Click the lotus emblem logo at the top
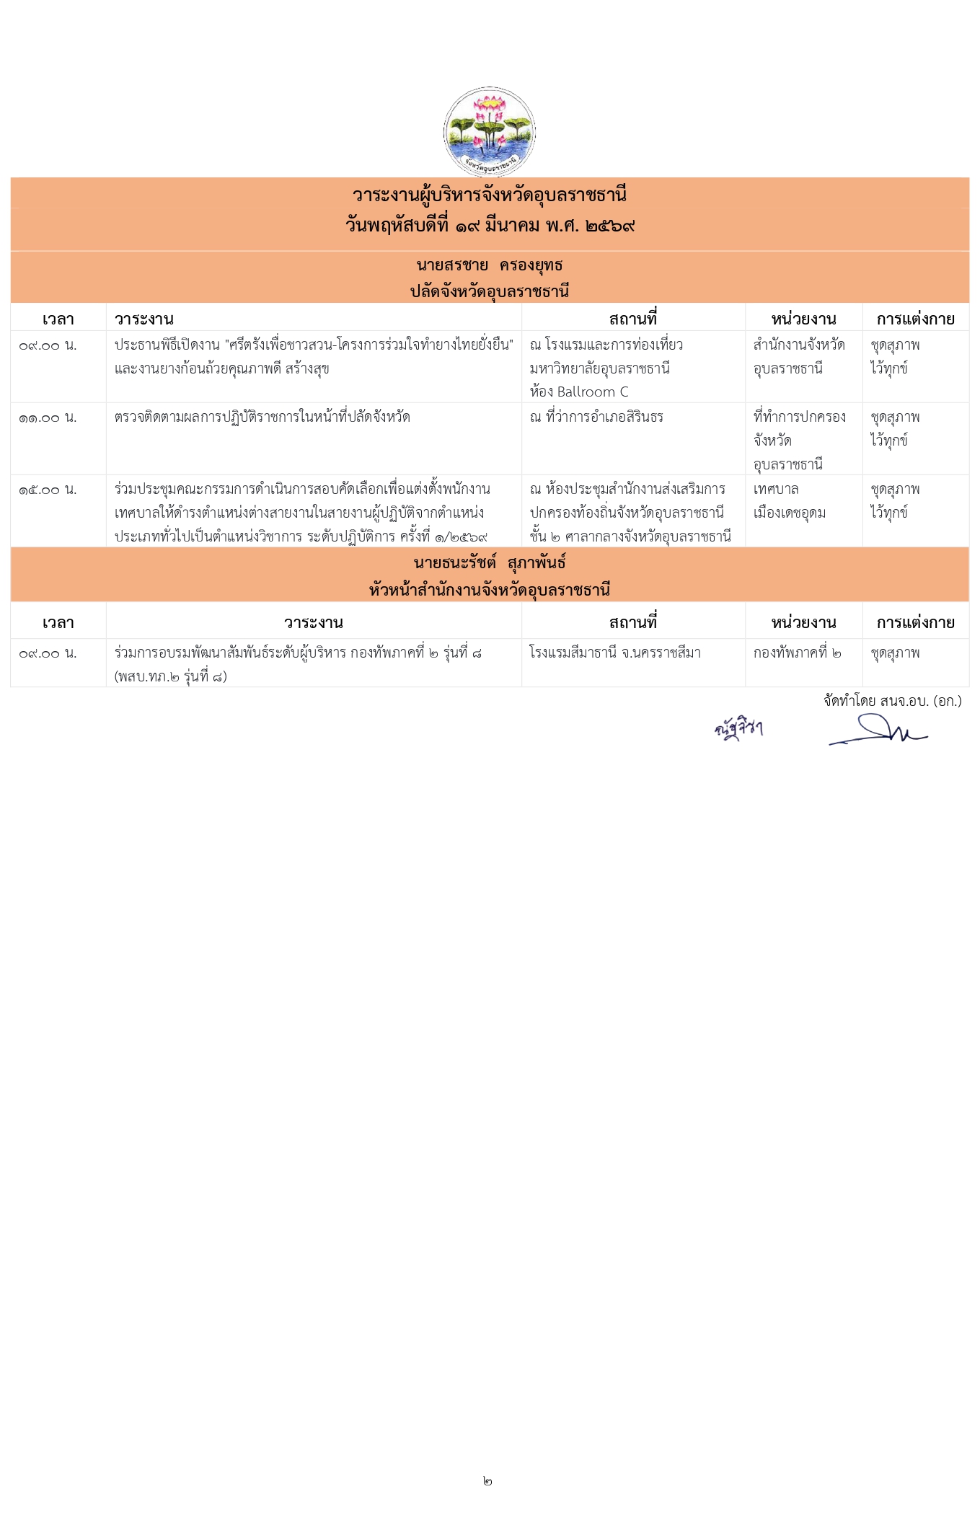click(x=489, y=131)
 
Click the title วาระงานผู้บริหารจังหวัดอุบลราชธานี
click(x=490, y=195)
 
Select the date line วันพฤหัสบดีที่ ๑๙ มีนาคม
click(x=490, y=226)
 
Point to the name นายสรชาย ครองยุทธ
click(x=490, y=265)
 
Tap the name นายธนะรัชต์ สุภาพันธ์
click(x=490, y=562)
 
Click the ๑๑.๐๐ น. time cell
click(x=48, y=418)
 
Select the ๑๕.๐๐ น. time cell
click(x=48, y=490)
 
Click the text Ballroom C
click(x=592, y=392)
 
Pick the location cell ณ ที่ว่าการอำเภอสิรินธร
click(x=596, y=417)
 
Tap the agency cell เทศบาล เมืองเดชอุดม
click(x=789, y=501)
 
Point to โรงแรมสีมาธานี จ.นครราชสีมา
click(x=614, y=653)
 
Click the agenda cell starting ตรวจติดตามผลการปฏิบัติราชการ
click(x=262, y=417)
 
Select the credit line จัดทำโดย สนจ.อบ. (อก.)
click(x=892, y=701)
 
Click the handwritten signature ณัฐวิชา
click(x=738, y=729)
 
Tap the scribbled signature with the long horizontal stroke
click(x=878, y=731)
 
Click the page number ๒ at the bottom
click(x=487, y=1480)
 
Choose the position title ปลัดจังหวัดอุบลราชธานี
click(x=490, y=291)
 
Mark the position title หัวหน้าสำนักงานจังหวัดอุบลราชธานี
click(x=490, y=590)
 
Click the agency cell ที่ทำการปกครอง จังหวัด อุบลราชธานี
click(x=799, y=440)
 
